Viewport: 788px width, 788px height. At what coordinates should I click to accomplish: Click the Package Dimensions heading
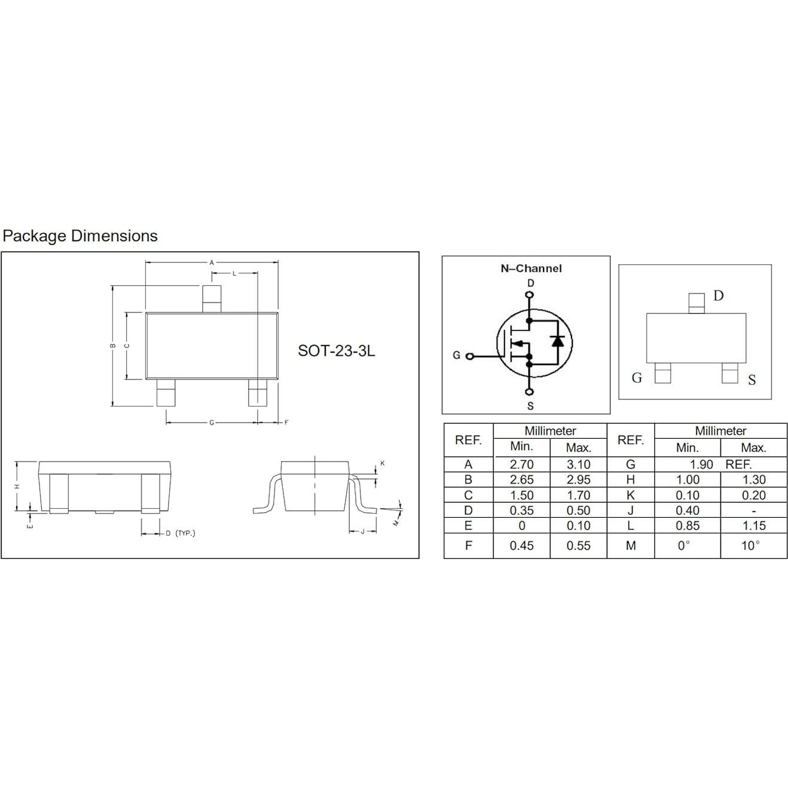pos(80,236)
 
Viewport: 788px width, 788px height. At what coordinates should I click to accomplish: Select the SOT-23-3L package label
pos(336,350)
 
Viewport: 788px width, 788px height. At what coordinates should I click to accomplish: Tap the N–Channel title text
pos(531,268)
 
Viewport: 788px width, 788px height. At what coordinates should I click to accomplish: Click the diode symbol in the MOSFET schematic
pos(557,340)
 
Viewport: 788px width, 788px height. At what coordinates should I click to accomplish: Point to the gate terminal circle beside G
pos(470,356)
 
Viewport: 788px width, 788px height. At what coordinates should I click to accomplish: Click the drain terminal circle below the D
pos(530,294)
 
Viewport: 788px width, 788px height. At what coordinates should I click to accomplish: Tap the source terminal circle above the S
pos(529,392)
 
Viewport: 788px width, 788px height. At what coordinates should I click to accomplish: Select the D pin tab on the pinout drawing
pos(697,303)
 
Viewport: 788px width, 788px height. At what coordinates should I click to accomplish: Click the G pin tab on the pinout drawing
pos(662,373)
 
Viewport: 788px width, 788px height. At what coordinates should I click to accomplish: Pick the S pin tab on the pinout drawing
pos(730,373)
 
